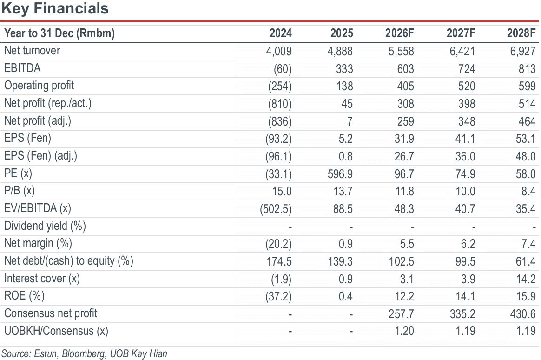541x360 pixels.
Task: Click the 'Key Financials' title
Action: click(x=55, y=9)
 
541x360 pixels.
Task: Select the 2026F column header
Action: click(x=400, y=33)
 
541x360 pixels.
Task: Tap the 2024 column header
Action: click(x=281, y=33)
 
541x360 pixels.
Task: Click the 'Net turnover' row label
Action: click(x=32, y=51)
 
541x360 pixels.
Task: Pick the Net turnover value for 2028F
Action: click(x=523, y=52)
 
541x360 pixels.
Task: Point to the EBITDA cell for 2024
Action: click(x=283, y=69)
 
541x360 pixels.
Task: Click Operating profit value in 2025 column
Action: click(x=345, y=87)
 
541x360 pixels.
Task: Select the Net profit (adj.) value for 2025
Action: click(x=350, y=121)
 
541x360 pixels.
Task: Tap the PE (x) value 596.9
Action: click(x=340, y=174)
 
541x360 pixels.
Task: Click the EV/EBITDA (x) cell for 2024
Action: click(x=276, y=209)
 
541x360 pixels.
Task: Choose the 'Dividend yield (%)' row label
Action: click(x=45, y=226)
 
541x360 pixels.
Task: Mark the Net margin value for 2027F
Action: click(x=468, y=244)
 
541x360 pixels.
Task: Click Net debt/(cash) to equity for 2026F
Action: click(x=402, y=262)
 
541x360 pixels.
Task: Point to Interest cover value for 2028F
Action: click(x=526, y=279)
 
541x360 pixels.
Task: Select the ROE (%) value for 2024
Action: click(x=279, y=296)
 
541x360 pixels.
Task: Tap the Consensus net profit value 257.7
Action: click(x=402, y=314)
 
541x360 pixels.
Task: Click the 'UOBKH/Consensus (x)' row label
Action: click(x=56, y=331)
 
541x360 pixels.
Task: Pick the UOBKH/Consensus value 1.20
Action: click(x=404, y=331)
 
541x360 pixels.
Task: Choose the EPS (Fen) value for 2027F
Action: click(x=465, y=139)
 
